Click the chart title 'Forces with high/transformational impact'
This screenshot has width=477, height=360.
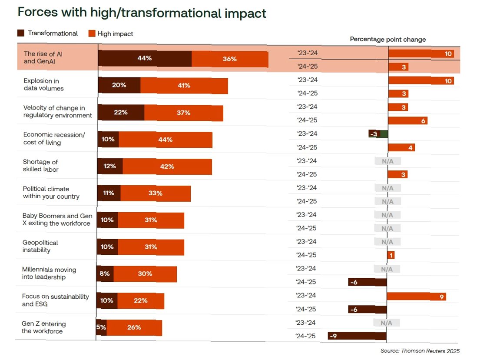(142, 13)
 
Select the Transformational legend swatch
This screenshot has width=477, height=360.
(21, 33)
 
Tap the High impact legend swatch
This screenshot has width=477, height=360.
(92, 33)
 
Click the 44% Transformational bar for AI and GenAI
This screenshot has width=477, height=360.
(145, 59)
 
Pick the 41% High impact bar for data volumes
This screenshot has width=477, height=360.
(184, 86)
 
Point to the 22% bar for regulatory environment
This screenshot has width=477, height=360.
(121, 113)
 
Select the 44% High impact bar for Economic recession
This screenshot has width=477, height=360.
(166, 140)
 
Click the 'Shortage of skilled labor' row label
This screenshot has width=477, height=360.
(41, 166)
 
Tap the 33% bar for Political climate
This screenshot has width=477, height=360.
(156, 193)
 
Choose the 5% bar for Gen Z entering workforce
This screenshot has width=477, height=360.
(101, 327)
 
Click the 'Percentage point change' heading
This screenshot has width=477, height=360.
(388, 40)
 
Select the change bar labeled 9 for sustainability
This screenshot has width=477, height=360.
(416, 297)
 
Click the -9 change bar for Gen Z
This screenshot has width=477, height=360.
(357, 336)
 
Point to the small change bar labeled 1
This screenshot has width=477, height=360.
(391, 255)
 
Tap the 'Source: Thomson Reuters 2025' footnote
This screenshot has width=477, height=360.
(420, 351)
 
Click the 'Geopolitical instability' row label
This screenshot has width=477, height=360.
(40, 246)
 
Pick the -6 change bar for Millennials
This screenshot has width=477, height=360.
(368, 282)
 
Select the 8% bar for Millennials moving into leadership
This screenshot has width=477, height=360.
(105, 274)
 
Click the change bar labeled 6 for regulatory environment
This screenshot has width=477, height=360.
(407, 120)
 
